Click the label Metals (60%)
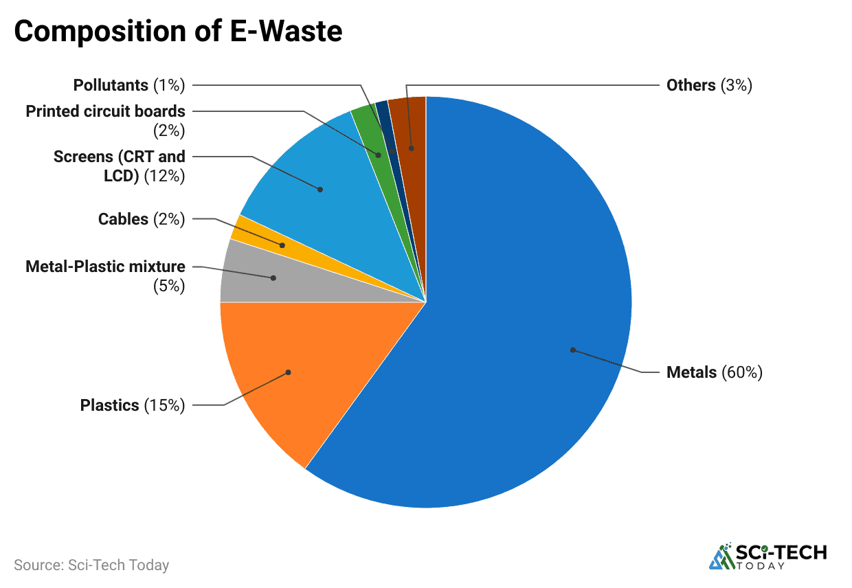pyautogui.click(x=715, y=372)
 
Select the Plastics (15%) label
pyautogui.click(x=133, y=405)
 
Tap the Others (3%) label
pyautogui.click(x=709, y=85)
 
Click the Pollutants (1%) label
pyautogui.click(x=129, y=85)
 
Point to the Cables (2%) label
pyautogui.click(x=141, y=219)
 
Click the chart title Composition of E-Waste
pyautogui.click(x=178, y=32)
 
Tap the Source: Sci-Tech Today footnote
pyautogui.click(x=91, y=565)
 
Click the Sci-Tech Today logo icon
pyautogui.click(x=721, y=556)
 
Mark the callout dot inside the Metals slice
pyautogui.click(x=572, y=350)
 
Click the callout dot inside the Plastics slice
pyautogui.click(x=289, y=372)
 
